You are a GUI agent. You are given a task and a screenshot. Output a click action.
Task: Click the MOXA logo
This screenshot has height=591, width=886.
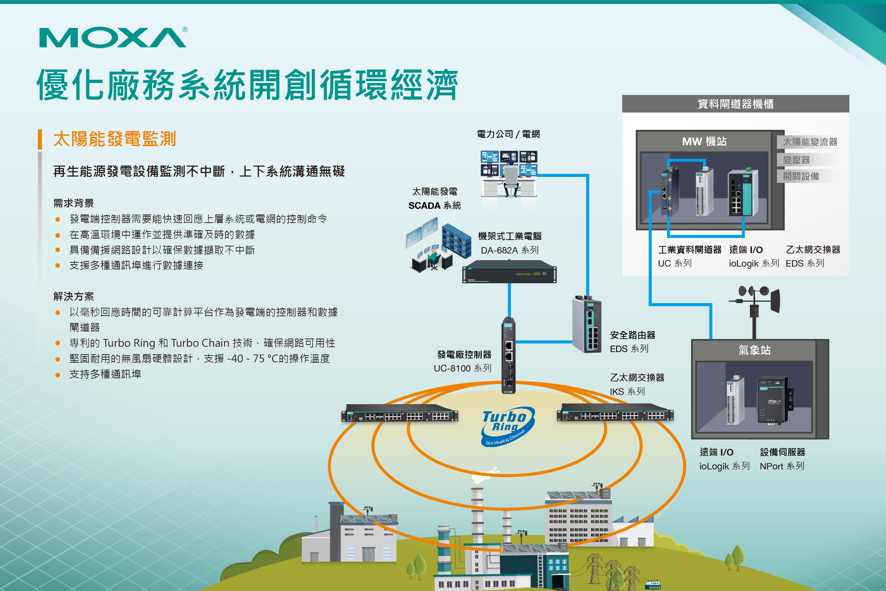(x=113, y=37)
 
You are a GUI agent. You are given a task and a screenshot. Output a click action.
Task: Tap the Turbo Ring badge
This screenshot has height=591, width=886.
(x=507, y=426)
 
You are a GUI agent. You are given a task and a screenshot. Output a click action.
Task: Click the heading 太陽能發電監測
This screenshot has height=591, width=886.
(x=114, y=139)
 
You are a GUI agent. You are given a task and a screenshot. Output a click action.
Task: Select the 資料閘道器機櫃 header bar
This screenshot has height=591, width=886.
(x=735, y=104)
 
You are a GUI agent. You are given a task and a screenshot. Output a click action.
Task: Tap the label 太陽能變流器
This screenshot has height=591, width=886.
(x=810, y=142)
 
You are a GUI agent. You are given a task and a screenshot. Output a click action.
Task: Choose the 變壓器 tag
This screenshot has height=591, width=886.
(x=796, y=160)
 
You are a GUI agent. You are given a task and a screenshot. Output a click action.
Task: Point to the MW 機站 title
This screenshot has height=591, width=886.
(x=704, y=142)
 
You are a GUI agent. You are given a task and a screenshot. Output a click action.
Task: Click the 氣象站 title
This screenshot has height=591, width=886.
(x=754, y=350)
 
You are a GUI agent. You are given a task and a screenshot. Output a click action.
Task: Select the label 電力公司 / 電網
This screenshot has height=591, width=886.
(x=508, y=134)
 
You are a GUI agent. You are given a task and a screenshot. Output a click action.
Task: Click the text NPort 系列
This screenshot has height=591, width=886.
(x=782, y=466)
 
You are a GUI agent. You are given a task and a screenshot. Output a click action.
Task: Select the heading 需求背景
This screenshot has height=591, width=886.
(x=73, y=203)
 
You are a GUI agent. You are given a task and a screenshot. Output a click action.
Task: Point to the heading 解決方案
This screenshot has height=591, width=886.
(x=73, y=297)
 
